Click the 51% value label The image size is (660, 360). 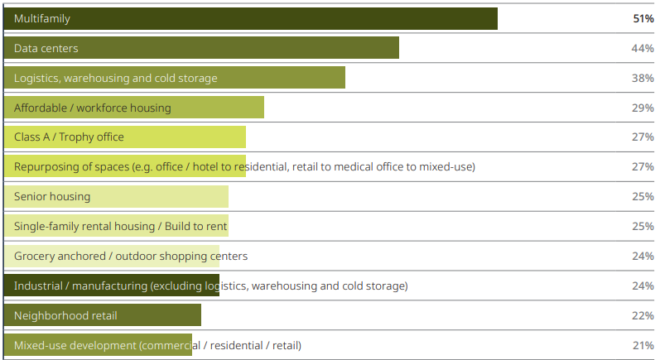pyautogui.click(x=643, y=18)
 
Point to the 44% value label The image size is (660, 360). pyautogui.click(x=643, y=48)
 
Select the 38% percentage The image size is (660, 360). pyautogui.click(x=643, y=78)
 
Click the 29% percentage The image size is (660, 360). pyautogui.click(x=643, y=108)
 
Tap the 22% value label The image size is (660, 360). pyautogui.click(x=643, y=315)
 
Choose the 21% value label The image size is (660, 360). pyautogui.click(x=643, y=345)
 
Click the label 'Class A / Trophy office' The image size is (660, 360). pyautogui.click(x=69, y=137)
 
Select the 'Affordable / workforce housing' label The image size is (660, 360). pyautogui.click(x=93, y=108)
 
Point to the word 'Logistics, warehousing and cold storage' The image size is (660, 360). pyautogui.click(x=116, y=78)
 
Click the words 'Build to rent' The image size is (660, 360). pyautogui.click(x=195, y=226)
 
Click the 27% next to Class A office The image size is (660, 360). pyautogui.click(x=643, y=137)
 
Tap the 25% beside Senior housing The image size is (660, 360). pyautogui.click(x=643, y=196)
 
